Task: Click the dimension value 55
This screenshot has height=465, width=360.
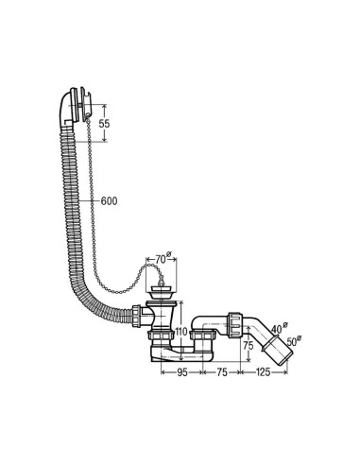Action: [105, 124]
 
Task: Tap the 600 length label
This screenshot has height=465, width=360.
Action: [109, 201]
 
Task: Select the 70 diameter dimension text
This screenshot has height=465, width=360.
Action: [163, 260]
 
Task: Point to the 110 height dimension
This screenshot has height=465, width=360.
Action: [182, 332]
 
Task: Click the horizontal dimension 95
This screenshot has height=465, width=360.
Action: [181, 372]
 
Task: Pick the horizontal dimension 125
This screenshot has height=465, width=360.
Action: [264, 372]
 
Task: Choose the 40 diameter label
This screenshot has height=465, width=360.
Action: [279, 329]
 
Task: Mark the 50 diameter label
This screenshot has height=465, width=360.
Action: [293, 341]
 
